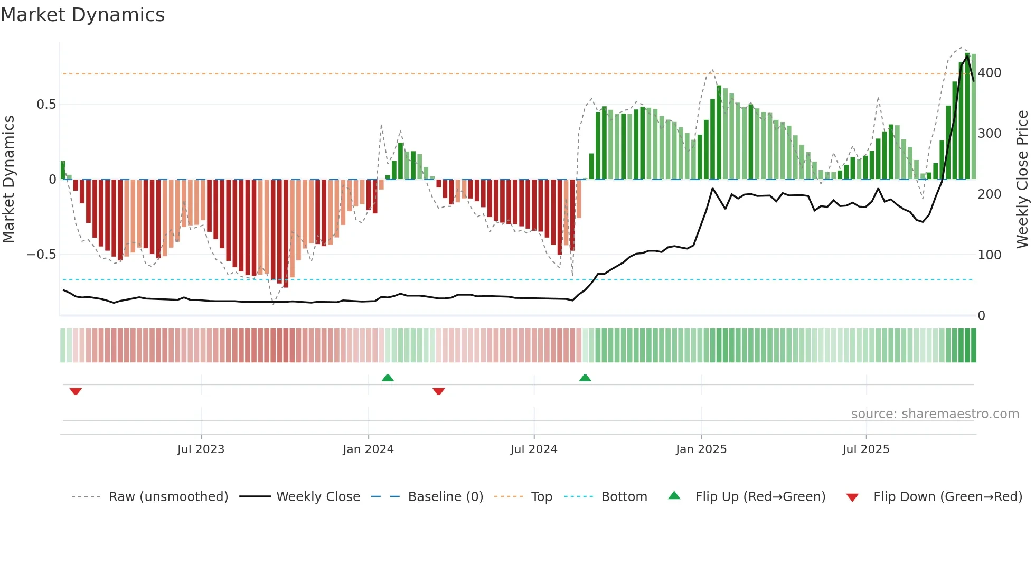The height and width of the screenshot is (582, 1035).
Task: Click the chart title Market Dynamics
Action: point(83,15)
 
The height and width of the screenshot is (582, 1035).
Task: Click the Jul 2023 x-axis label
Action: point(201,449)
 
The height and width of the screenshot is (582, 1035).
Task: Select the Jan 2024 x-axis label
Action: point(368,449)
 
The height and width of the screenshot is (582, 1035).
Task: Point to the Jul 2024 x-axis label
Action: point(534,449)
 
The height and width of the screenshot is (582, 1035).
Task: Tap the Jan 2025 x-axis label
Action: point(701,449)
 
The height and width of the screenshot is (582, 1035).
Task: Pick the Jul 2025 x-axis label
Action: point(866,449)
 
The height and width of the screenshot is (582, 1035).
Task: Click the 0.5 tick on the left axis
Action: point(46,105)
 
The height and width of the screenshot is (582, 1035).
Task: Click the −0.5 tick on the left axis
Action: point(42,255)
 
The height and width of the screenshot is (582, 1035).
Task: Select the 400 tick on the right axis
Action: point(990,73)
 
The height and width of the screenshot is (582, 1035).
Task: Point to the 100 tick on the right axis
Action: point(990,255)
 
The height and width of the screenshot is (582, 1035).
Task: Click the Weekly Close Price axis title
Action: point(1023,180)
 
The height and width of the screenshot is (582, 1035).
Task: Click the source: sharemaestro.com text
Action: point(935,414)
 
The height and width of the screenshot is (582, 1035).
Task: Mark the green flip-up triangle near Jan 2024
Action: point(388,378)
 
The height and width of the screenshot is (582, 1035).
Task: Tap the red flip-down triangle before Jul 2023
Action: point(76,391)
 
